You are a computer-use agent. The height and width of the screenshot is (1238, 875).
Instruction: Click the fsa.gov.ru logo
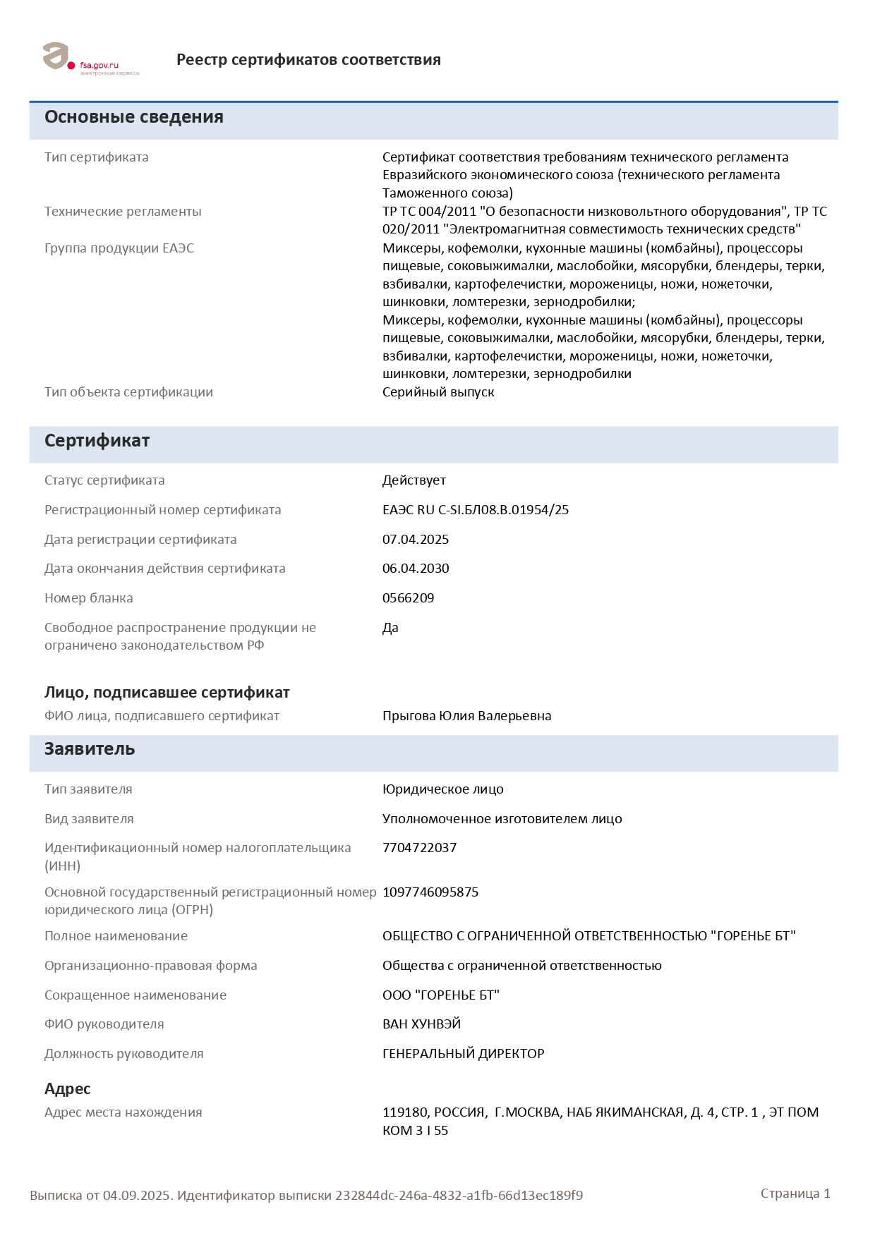(90, 59)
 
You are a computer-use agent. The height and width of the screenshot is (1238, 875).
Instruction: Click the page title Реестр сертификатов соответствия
(308, 60)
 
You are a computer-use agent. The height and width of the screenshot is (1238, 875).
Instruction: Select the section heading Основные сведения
(134, 117)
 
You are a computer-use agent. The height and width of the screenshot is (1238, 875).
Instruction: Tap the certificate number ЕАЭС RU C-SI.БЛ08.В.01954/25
(475, 510)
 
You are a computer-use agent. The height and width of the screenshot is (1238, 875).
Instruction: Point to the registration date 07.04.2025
(416, 540)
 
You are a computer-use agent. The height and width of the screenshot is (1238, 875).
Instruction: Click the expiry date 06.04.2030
(416, 569)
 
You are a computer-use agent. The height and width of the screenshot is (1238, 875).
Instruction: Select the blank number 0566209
(408, 598)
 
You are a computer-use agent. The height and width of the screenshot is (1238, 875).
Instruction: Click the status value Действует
(414, 480)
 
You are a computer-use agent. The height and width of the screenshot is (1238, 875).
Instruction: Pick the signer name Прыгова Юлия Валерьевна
(466, 716)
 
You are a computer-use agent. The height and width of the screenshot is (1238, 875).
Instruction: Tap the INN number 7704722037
(419, 848)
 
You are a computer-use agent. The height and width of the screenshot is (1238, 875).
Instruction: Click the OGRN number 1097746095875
(430, 892)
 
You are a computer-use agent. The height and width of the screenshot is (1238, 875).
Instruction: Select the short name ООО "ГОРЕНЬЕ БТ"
(440, 995)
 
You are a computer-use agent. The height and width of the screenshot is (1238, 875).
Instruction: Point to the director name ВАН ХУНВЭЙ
(421, 1024)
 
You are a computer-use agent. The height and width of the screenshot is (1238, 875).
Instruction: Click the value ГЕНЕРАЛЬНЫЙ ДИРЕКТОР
(463, 1054)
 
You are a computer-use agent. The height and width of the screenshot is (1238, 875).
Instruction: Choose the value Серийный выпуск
(438, 392)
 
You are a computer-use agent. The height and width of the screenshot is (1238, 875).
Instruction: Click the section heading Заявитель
(90, 749)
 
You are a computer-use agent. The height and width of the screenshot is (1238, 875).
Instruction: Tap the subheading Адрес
(68, 1089)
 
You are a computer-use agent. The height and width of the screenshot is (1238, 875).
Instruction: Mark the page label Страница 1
(795, 1194)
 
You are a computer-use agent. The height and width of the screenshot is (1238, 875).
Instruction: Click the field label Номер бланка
(89, 598)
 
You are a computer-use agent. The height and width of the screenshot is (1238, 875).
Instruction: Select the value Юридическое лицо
(443, 789)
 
